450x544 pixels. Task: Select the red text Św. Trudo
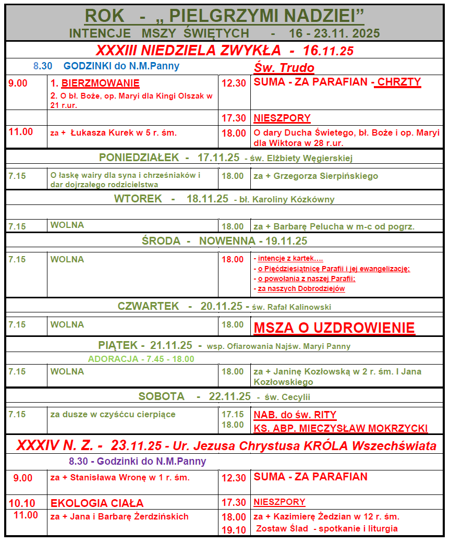pyautogui.click(x=284, y=68)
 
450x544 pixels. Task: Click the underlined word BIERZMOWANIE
pyautogui.click(x=100, y=83)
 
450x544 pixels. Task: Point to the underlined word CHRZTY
pyautogui.click(x=399, y=82)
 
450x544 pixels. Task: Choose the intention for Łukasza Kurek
pyautogui.click(x=113, y=132)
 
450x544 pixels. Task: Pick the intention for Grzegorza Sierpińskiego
pyautogui.click(x=315, y=176)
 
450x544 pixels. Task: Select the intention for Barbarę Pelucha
pyautogui.click(x=334, y=226)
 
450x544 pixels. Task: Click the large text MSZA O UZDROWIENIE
pyautogui.click(x=334, y=328)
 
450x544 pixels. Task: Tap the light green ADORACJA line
pyautogui.click(x=141, y=359)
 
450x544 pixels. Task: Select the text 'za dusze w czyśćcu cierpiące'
pyautogui.click(x=113, y=415)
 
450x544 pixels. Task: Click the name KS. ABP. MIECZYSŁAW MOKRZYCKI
pyautogui.click(x=340, y=428)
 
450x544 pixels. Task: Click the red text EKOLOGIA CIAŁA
pyautogui.click(x=97, y=503)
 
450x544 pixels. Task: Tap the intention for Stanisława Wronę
pyautogui.click(x=120, y=477)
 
